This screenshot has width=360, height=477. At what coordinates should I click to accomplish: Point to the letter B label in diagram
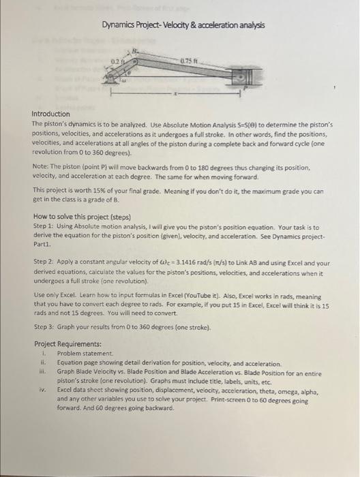coord(134,50)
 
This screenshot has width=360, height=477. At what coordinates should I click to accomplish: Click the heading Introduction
coord(51,114)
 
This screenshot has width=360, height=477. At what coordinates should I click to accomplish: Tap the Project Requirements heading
coord(67,343)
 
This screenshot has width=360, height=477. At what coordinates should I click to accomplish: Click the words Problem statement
coord(80,354)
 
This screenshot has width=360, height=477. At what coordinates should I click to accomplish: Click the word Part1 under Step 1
coord(43,241)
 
